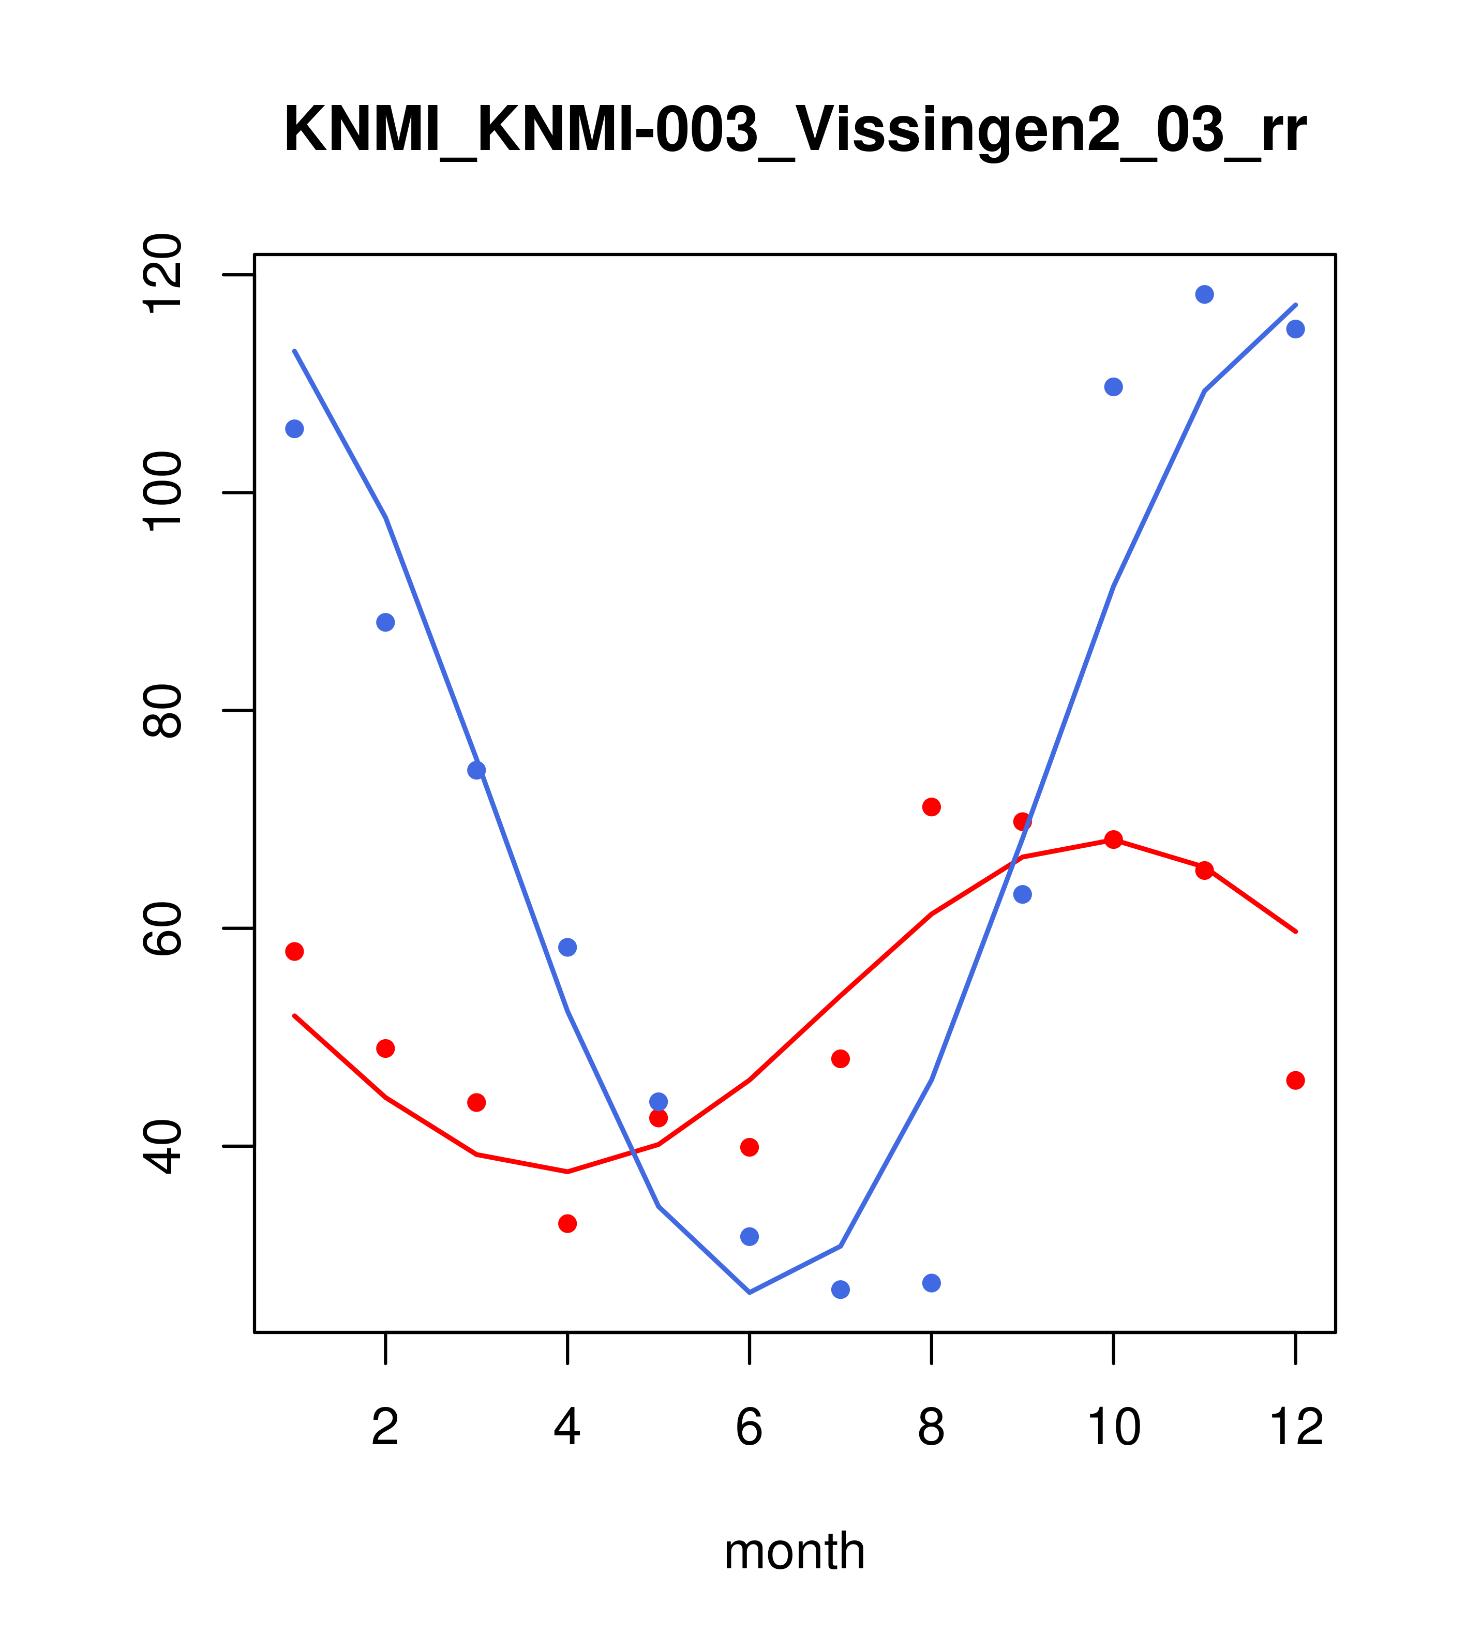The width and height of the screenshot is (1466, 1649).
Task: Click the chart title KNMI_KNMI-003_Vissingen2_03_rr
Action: click(795, 131)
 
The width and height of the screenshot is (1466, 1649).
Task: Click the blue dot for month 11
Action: click(1205, 294)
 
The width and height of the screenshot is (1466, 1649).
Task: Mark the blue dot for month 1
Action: click(294, 428)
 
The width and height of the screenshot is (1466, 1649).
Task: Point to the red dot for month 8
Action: click(932, 807)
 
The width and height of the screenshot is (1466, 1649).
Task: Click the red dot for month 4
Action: click(568, 1224)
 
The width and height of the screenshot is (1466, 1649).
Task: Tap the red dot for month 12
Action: click(1296, 1080)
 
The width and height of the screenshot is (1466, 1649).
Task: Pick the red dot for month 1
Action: click(294, 951)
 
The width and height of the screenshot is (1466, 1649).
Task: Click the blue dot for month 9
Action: click(1022, 894)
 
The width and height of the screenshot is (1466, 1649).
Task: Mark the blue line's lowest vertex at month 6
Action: click(750, 1293)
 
